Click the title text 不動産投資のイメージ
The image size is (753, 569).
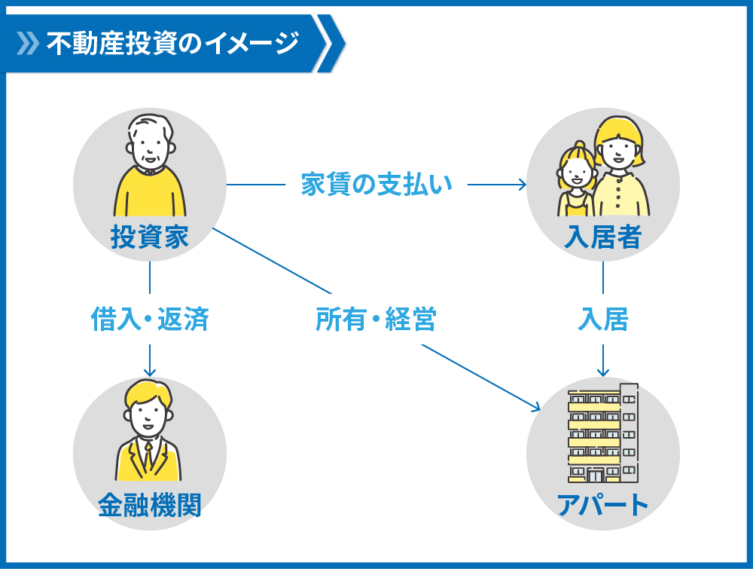click(173, 43)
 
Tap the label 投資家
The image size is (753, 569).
click(150, 237)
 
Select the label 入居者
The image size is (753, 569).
click(602, 237)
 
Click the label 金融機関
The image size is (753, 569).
click(150, 505)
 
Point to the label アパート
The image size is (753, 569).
click(602, 505)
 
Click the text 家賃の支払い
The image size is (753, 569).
click(376, 184)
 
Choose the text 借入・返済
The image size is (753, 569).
click(150, 319)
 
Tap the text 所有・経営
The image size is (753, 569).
click(376, 319)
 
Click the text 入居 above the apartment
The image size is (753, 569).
click(602, 319)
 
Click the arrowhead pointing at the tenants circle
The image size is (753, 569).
click(523, 184)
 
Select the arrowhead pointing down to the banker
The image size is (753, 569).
click(150, 372)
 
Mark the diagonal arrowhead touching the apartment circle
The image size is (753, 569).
click(536, 408)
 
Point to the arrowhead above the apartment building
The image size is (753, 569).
click(602, 372)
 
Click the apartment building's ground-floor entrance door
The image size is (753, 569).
click(596, 476)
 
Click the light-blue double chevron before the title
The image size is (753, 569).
click(28, 43)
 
